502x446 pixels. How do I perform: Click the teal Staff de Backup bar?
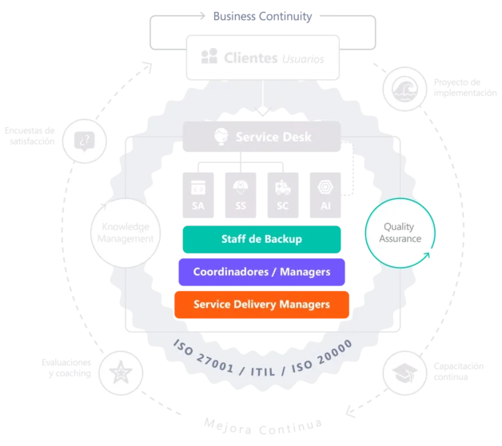point(261,239)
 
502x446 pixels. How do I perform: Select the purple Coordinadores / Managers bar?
point(261,272)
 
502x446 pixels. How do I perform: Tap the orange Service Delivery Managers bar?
point(261,304)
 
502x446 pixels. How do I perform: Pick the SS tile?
point(241,194)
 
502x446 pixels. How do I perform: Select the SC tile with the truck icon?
point(282,194)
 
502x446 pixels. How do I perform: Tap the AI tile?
point(325,194)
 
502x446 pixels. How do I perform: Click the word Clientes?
point(250,58)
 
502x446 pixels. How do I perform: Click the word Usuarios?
point(303,58)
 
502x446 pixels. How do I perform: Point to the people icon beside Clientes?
point(209,57)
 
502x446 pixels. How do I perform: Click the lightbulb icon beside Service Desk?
point(220,137)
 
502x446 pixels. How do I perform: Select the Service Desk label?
point(273,137)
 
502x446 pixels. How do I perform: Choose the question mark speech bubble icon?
point(84,141)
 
